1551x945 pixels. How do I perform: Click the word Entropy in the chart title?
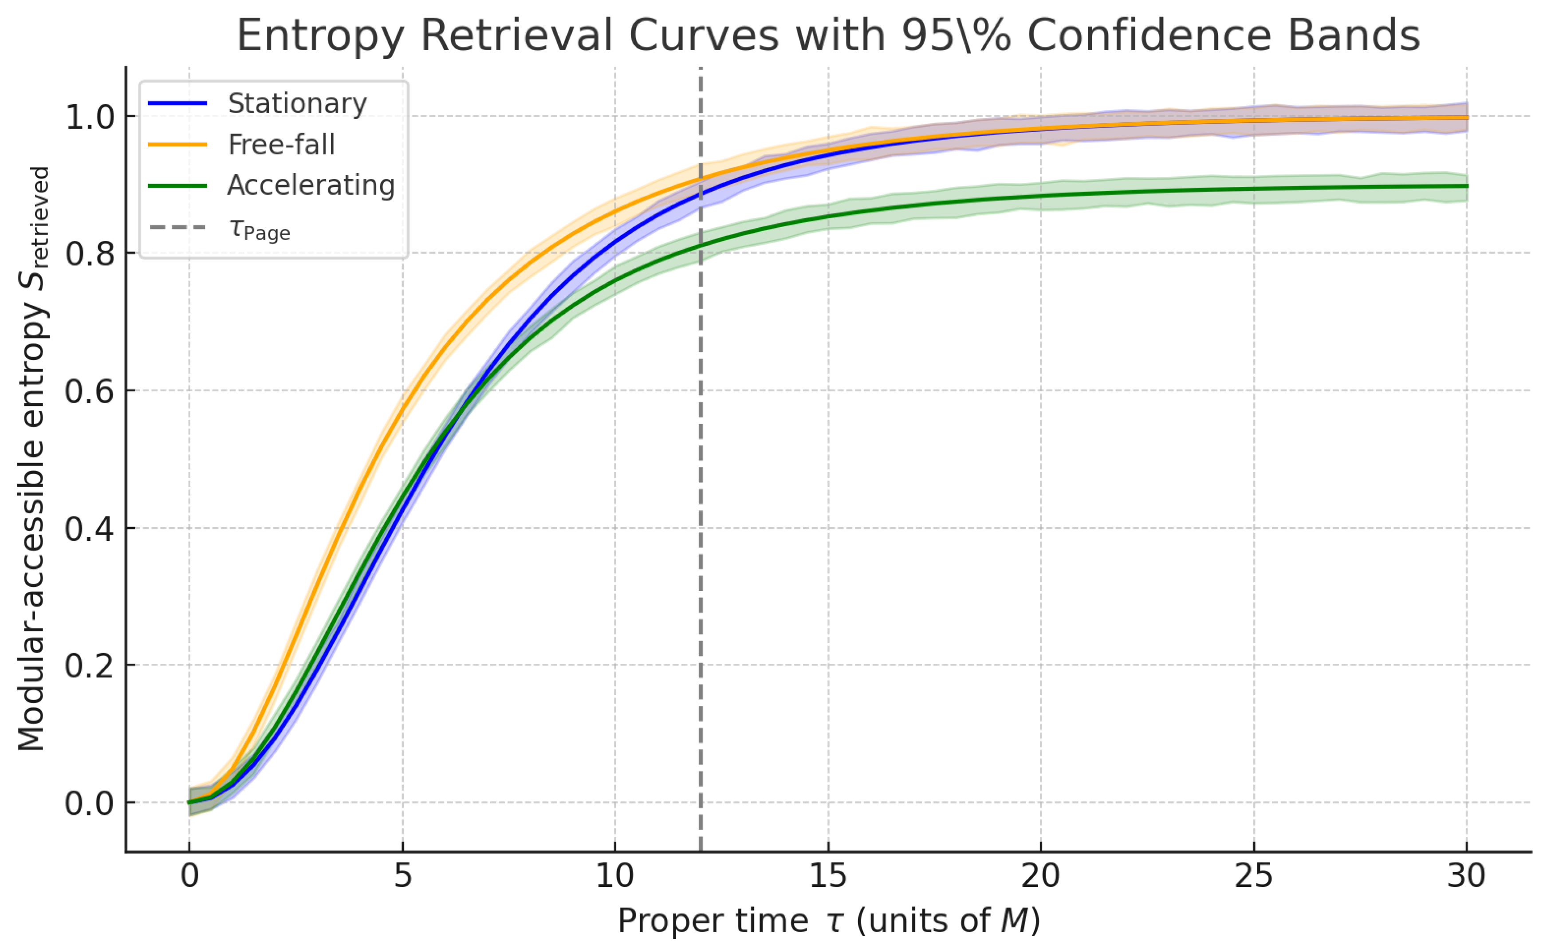click(320, 36)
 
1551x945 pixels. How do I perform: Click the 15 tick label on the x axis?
click(828, 876)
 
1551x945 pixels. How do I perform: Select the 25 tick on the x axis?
click(1253, 876)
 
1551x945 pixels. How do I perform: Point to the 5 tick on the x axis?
click(403, 876)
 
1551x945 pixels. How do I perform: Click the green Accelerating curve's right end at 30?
click(1466, 186)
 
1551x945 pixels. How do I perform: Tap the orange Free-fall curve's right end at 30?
click(1466, 118)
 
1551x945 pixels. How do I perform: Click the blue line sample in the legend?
click(177, 103)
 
